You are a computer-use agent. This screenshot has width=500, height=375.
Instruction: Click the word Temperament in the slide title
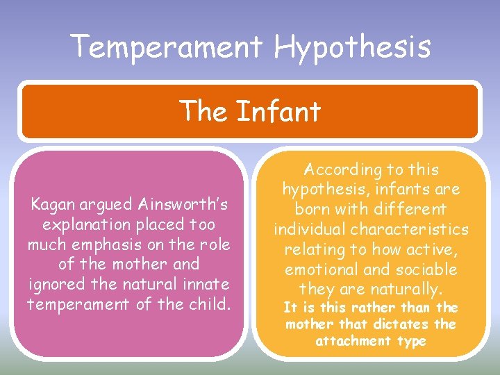pyautogui.click(x=167, y=47)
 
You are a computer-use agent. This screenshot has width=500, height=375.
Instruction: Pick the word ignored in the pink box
pyautogui.click(x=58, y=284)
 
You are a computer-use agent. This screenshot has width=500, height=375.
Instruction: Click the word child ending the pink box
pyautogui.click(x=209, y=303)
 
